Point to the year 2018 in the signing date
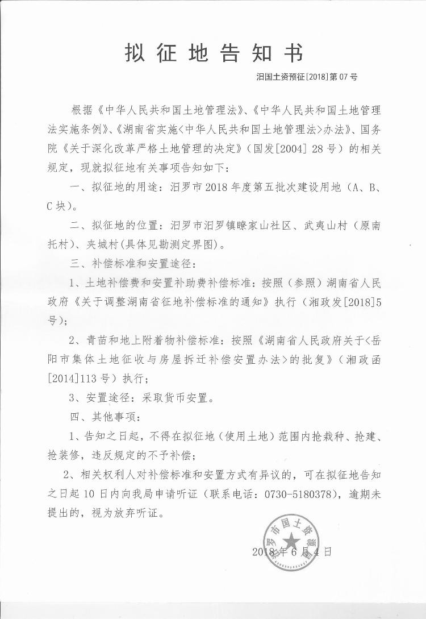click(263, 551)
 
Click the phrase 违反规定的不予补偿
click(143, 455)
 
